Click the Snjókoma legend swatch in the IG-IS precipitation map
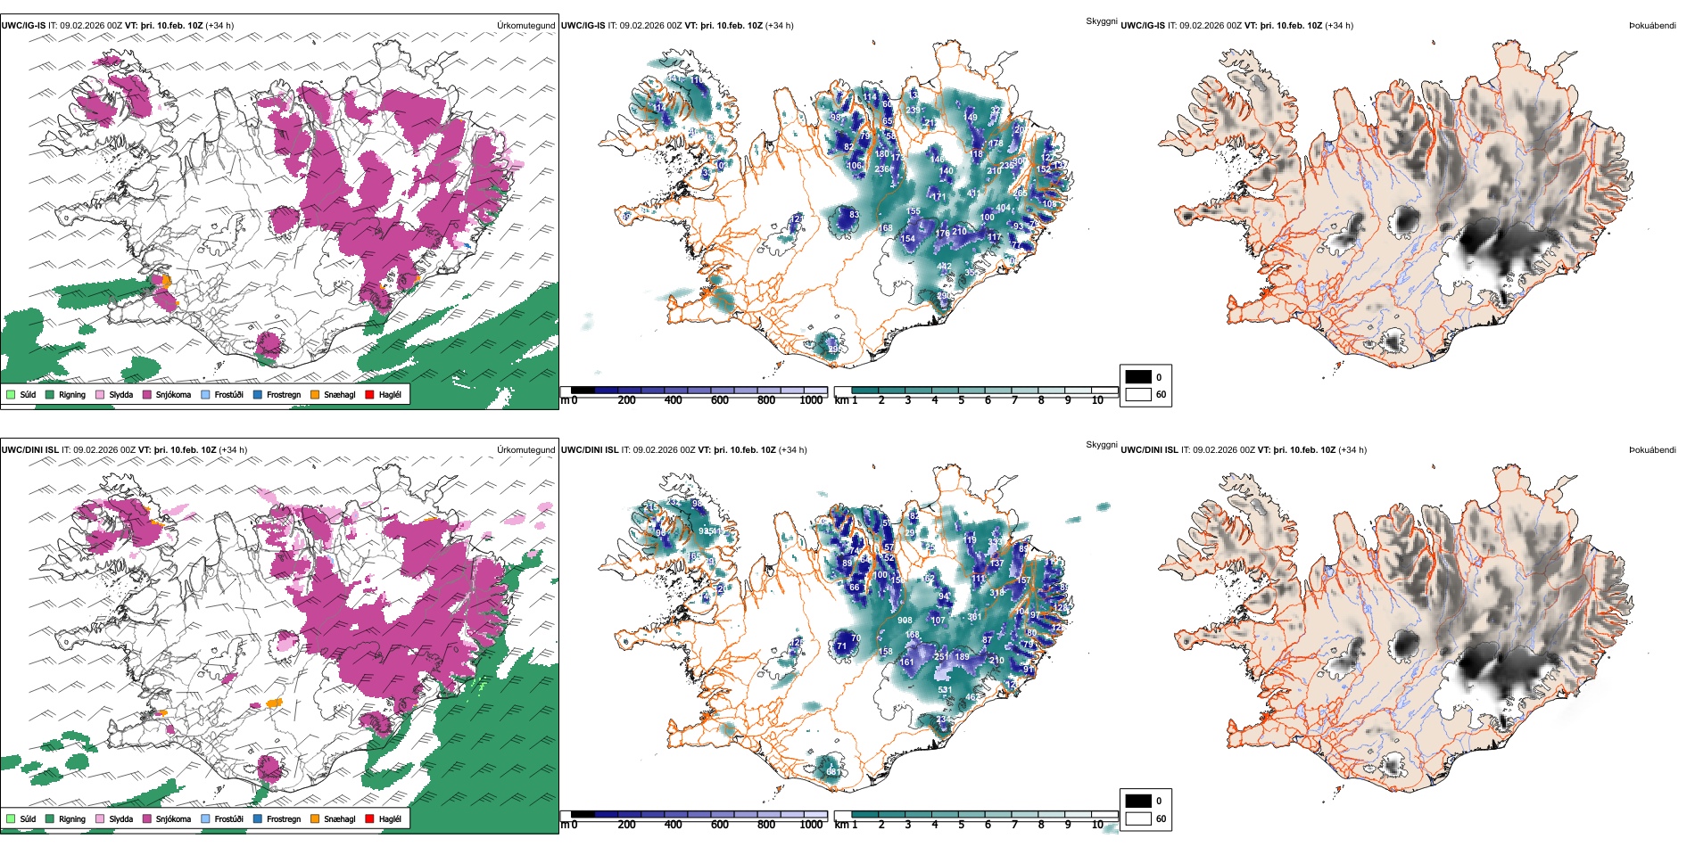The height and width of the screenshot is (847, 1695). click(147, 394)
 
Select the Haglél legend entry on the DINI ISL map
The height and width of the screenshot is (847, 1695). click(389, 818)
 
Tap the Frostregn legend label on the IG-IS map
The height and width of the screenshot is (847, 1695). click(283, 394)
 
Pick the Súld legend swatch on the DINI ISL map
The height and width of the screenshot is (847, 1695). click(11, 818)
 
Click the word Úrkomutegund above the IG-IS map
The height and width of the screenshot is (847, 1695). click(525, 26)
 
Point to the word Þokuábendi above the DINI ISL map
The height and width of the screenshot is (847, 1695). click(1652, 450)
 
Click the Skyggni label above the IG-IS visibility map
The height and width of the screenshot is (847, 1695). click(1101, 21)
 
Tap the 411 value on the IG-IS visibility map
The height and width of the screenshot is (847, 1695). click(973, 193)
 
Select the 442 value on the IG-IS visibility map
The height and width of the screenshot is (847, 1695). click(944, 267)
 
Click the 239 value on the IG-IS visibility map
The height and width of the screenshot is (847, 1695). click(913, 111)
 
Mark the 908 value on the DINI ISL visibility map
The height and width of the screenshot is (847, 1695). click(905, 621)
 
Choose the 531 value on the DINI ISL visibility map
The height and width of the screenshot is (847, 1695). click(945, 690)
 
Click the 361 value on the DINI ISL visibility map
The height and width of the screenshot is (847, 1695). click(974, 617)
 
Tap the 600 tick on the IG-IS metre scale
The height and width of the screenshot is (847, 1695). click(719, 400)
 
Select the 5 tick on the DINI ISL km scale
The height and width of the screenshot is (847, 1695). click(961, 825)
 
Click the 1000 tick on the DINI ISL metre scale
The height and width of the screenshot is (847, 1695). click(811, 825)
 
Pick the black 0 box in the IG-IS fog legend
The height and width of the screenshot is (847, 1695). click(1138, 377)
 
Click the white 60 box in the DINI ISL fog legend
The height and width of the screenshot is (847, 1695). click(1138, 818)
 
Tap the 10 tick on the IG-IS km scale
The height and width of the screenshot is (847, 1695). click(1097, 400)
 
